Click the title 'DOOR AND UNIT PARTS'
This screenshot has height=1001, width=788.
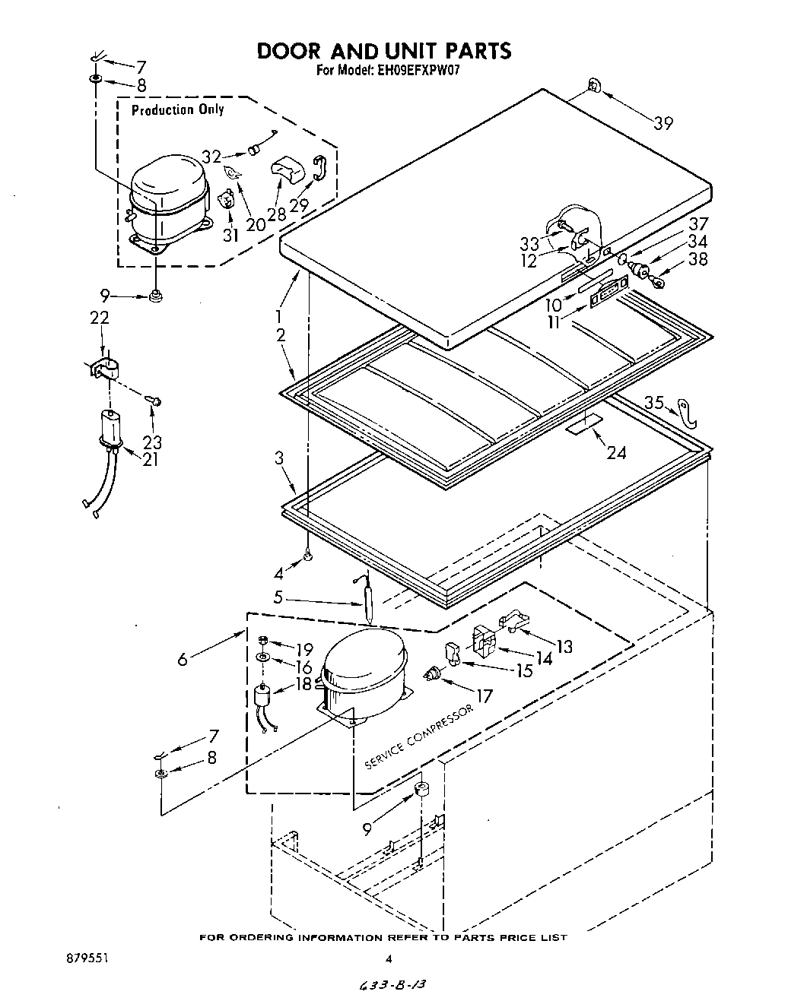[x=383, y=51]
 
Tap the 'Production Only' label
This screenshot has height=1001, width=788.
[x=178, y=110]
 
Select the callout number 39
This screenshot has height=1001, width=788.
[x=663, y=122]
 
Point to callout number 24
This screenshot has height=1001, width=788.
[x=617, y=452]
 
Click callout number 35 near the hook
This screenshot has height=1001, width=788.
[x=654, y=402]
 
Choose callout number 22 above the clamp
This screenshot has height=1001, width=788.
[x=100, y=318]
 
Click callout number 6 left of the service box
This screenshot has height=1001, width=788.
[x=183, y=660]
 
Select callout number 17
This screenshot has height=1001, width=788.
[x=483, y=695]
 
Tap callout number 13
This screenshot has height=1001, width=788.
[x=564, y=646]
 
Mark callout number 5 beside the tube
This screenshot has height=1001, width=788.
[x=278, y=597]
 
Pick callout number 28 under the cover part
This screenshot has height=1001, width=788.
[x=276, y=214]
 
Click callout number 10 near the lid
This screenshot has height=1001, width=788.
[x=553, y=305]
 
